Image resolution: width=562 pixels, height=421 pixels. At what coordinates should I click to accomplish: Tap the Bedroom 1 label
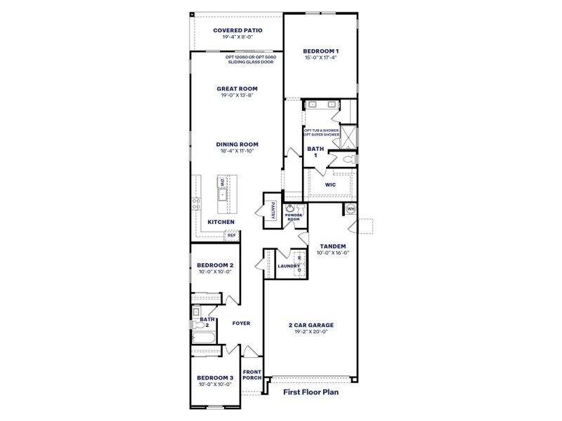(320, 51)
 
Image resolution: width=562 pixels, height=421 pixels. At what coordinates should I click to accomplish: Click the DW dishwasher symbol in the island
(222, 184)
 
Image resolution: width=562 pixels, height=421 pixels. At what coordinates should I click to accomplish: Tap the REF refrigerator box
(230, 236)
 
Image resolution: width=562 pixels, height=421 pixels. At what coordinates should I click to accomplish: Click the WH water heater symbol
(350, 208)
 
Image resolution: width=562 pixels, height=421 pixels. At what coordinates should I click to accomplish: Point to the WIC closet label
(330, 185)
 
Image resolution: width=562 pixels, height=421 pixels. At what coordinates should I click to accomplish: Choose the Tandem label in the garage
(332, 246)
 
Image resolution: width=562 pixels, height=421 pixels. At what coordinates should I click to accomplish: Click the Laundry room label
(289, 266)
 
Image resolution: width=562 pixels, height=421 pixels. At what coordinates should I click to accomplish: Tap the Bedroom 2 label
(215, 265)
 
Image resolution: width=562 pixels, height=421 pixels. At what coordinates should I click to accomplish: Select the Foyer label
(241, 323)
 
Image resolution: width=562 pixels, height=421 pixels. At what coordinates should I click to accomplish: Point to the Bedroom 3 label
(215, 377)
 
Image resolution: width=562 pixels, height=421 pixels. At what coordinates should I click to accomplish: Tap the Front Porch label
(251, 375)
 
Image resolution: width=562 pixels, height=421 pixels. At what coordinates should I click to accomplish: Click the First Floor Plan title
(311, 392)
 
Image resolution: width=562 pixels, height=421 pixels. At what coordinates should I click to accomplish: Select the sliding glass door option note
(251, 60)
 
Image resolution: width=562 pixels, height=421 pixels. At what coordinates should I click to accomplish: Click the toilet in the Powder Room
(300, 209)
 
